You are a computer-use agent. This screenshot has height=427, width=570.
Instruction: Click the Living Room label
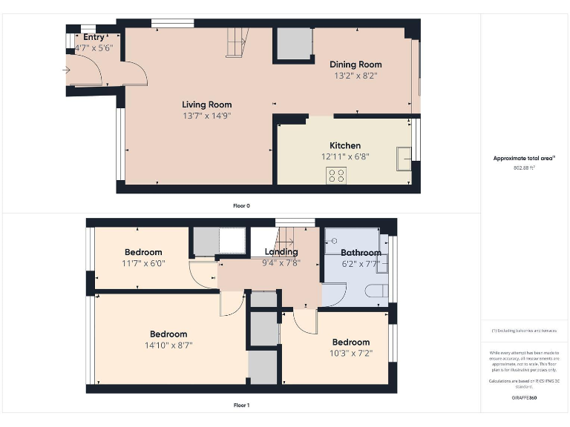[x=207, y=105]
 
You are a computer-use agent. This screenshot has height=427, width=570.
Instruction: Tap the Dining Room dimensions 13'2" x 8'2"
[x=356, y=76]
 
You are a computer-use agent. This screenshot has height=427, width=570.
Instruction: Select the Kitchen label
[x=345, y=145]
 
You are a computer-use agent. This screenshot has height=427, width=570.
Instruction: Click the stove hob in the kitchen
[x=336, y=175]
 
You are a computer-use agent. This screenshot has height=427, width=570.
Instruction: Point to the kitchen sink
[x=404, y=158]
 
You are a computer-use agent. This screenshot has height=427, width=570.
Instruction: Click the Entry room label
[x=94, y=37]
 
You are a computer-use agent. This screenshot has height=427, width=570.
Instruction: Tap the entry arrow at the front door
[x=66, y=70]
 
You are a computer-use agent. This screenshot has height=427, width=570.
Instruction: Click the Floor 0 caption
[x=241, y=205]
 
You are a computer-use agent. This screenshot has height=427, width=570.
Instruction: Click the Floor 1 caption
[x=241, y=406]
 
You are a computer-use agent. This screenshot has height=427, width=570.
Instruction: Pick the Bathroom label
[x=361, y=253]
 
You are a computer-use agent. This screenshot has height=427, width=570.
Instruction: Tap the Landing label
[x=281, y=252]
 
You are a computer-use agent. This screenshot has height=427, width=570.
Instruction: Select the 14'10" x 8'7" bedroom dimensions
[x=168, y=345]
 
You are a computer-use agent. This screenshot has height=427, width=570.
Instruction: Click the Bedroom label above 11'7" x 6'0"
[x=143, y=252]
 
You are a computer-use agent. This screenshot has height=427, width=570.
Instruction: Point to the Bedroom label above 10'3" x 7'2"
[x=351, y=342]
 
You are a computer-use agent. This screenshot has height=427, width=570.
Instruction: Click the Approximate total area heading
[x=524, y=158]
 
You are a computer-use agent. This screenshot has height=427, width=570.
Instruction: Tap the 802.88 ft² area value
[x=524, y=168]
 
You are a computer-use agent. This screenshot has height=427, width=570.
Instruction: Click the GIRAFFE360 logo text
[x=524, y=398]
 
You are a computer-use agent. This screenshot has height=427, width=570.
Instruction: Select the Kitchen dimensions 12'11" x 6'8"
[x=345, y=156]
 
